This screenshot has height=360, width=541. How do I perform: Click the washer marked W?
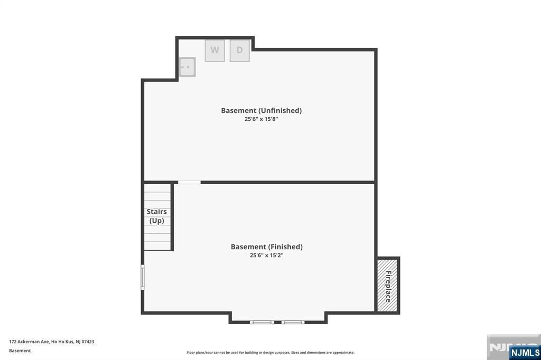tap(214, 51)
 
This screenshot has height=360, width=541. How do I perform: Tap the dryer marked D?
tap(239, 51)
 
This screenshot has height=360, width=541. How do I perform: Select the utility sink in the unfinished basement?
tap(186, 67)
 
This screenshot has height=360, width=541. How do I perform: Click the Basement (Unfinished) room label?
tap(261, 110)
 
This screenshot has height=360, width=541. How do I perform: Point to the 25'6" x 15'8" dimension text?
tap(261, 119)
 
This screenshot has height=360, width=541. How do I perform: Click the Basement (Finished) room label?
tap(266, 247)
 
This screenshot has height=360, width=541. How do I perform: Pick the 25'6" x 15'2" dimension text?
tap(266, 255)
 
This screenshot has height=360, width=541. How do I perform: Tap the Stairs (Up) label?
tap(157, 216)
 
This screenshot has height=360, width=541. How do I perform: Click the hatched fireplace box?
tap(387, 285)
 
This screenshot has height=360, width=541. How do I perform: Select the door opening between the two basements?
tap(189, 183)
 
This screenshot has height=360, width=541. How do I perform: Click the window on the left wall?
tap(142, 277)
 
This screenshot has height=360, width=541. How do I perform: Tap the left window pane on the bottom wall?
tap(262, 321)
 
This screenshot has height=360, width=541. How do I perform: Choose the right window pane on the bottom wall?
tap(293, 321)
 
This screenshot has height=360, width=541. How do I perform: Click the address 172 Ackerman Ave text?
tap(30, 342)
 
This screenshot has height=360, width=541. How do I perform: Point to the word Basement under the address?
tap(20, 350)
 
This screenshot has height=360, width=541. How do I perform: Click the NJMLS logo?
tap(524, 352)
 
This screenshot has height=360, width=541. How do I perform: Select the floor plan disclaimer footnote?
tap(270, 353)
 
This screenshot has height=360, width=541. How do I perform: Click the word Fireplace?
tap(388, 286)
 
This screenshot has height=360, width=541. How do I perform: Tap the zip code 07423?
tap(88, 342)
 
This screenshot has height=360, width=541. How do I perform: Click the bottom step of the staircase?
tap(157, 245)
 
